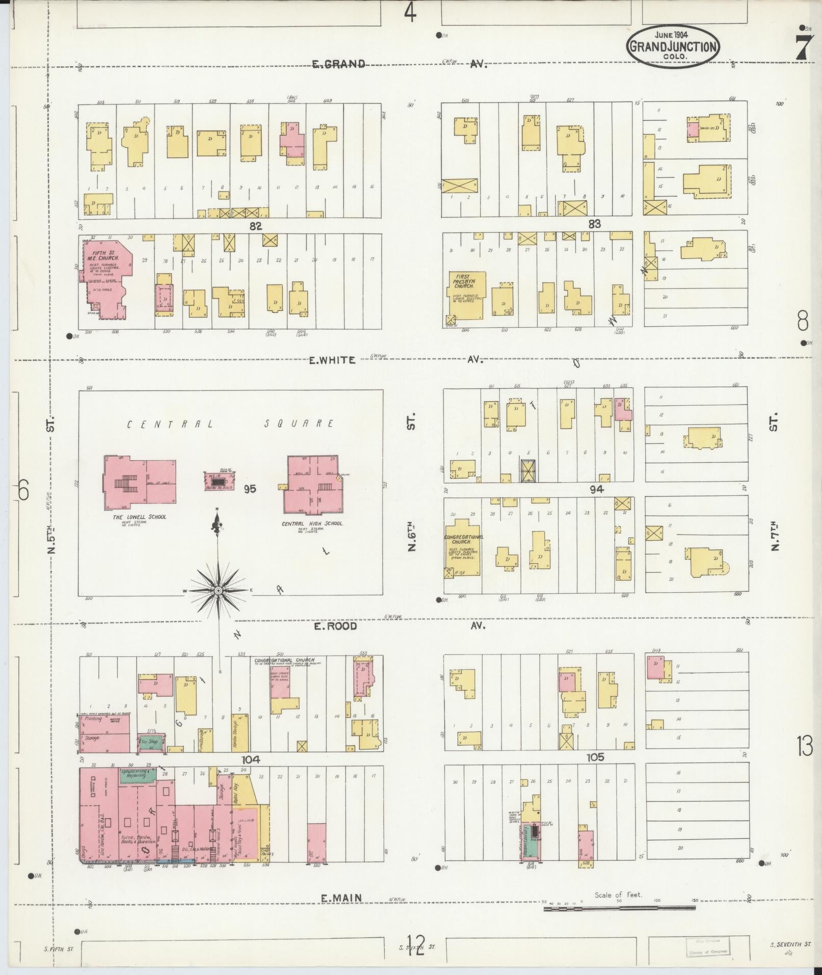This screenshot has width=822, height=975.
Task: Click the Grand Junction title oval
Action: (673, 47)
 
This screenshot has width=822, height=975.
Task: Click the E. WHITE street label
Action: (332, 360)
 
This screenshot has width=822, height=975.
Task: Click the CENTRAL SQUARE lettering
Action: (231, 424)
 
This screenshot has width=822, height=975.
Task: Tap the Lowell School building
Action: (141, 483)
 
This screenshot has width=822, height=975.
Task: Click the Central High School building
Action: (312, 484)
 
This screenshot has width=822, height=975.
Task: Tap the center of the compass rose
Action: (218, 591)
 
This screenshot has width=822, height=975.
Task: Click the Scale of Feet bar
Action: (619, 908)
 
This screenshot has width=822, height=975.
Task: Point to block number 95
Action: (250, 489)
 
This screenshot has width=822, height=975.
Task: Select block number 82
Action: (255, 226)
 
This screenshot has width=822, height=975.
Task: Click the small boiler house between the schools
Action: (219, 480)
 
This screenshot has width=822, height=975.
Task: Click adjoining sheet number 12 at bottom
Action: (416, 945)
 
